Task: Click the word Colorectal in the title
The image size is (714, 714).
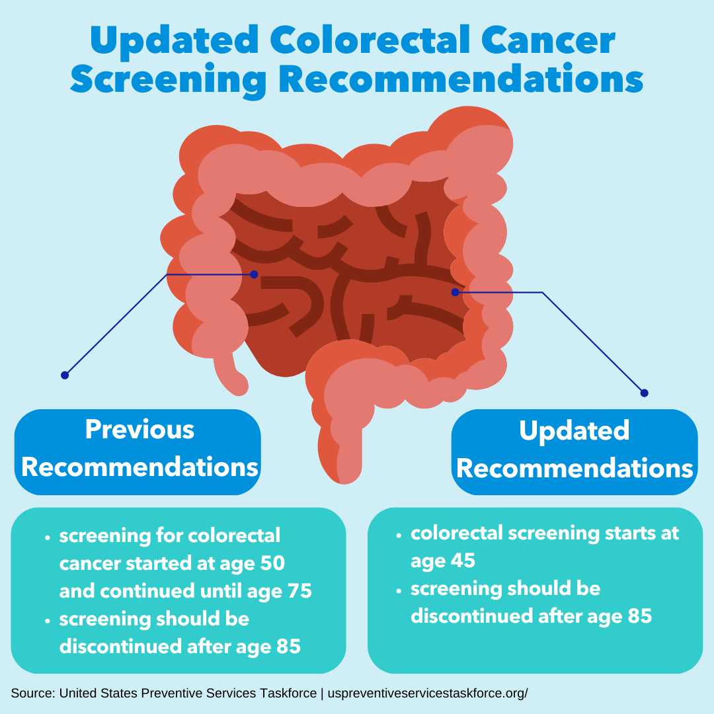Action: (370, 40)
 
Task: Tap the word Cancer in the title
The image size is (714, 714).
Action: (548, 40)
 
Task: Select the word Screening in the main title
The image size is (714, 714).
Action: (169, 79)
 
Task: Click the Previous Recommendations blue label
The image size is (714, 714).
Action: (138, 452)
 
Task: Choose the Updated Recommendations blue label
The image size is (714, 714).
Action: (575, 452)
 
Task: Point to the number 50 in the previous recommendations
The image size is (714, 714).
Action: (272, 563)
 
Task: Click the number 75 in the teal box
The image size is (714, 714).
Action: (299, 590)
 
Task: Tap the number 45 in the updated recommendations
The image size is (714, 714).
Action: (462, 560)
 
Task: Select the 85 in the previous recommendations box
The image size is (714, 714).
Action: (288, 646)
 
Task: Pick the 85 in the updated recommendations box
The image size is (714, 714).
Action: (640, 615)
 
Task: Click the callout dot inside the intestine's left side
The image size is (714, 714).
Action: (254, 274)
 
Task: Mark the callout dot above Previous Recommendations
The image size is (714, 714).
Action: (65, 376)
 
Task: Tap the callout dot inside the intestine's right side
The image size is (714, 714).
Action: (455, 292)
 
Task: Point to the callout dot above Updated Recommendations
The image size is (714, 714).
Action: (644, 393)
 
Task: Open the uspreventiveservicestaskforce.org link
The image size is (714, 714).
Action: (428, 693)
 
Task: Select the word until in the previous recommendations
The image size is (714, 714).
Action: (221, 590)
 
